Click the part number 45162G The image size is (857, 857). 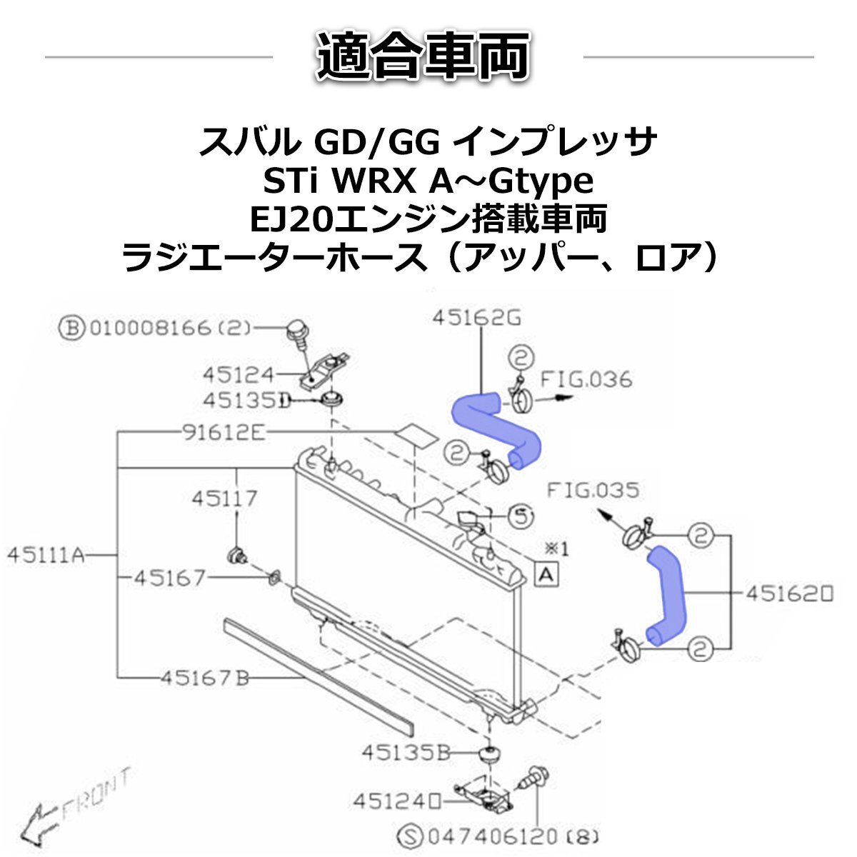point(477,319)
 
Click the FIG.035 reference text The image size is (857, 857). point(593,491)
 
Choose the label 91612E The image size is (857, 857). point(219,432)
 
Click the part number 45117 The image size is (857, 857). point(224,498)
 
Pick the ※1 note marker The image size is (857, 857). point(556,548)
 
